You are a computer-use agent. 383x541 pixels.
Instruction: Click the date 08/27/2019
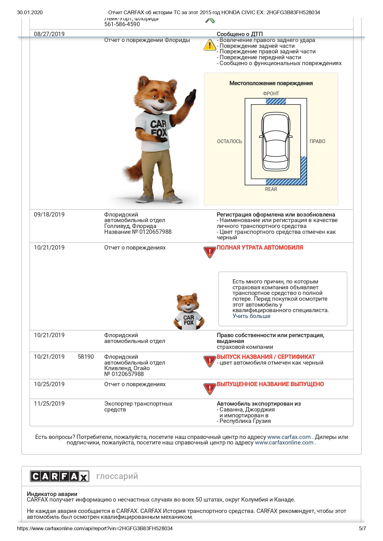tap(49, 34)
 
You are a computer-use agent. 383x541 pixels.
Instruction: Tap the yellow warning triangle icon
tap(210, 45)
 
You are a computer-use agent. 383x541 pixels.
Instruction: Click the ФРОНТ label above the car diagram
tap(271, 93)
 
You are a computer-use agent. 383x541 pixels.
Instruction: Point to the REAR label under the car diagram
tap(271, 189)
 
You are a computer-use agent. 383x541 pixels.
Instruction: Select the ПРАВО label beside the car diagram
tap(317, 141)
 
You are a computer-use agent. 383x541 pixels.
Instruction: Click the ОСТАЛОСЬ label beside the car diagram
tap(229, 141)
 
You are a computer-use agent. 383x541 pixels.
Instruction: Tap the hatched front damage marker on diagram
tap(276, 101)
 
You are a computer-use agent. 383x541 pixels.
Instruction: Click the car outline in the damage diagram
tap(276, 142)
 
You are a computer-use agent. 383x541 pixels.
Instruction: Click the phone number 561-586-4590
tap(122, 24)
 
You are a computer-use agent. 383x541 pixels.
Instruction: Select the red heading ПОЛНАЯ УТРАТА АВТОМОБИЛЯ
tap(260, 247)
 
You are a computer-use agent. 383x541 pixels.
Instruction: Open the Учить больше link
tap(251, 316)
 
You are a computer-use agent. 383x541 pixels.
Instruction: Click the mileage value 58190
tap(86, 357)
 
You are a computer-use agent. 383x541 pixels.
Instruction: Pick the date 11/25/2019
tap(49, 403)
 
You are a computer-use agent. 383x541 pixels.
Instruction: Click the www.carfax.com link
tap(289, 437)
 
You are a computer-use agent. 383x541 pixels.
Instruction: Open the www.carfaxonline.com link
tap(284, 443)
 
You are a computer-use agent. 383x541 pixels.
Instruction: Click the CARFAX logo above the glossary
tap(60, 476)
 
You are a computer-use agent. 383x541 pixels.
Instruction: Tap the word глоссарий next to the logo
tap(117, 476)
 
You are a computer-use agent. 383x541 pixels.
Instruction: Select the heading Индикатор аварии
tap(52, 494)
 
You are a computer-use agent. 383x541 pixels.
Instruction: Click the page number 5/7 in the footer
tap(362, 528)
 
